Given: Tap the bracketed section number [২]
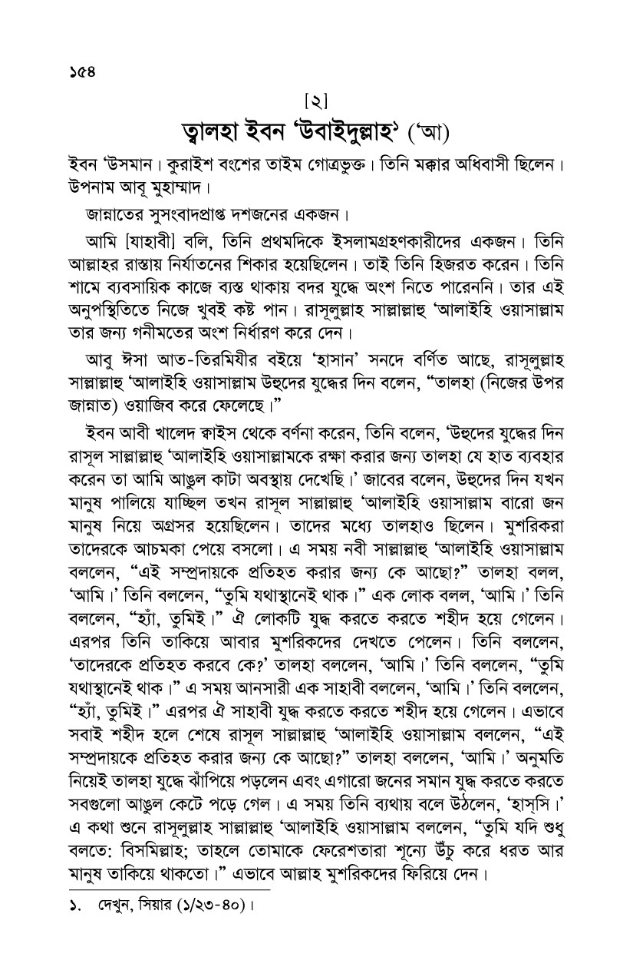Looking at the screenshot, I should (316, 101).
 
